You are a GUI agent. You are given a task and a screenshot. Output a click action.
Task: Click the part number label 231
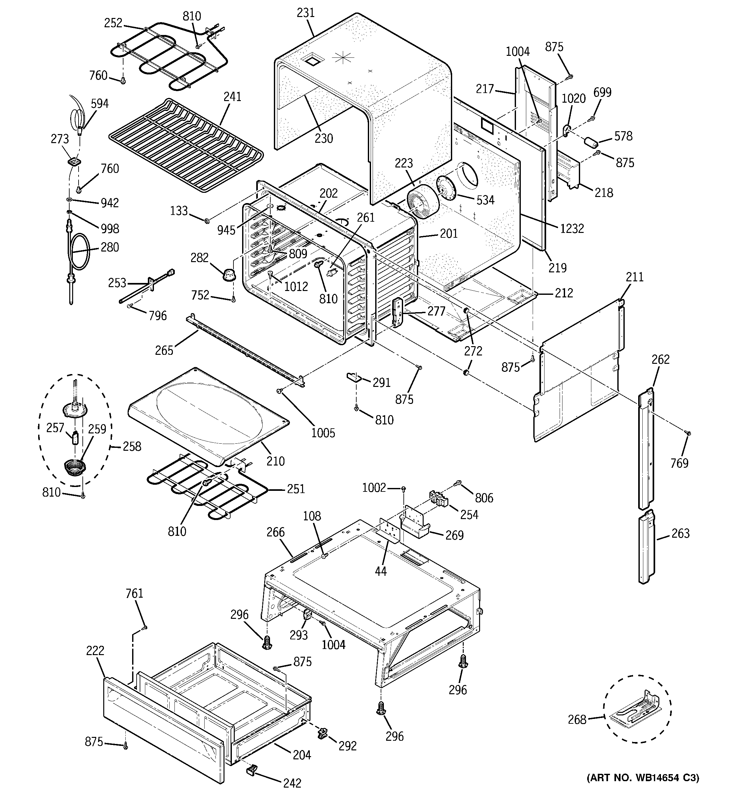(x=306, y=13)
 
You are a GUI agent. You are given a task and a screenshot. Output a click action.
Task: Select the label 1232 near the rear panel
(x=571, y=228)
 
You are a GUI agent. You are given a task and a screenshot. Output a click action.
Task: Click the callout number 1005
(x=323, y=433)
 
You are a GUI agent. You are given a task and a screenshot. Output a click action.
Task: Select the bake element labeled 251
(x=200, y=489)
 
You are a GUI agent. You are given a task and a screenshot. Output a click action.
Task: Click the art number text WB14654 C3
(x=643, y=778)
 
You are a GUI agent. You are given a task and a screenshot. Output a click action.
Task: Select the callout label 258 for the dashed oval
(x=132, y=446)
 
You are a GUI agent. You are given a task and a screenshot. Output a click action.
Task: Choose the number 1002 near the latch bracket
(x=374, y=488)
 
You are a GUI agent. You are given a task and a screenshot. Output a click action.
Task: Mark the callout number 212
(x=563, y=293)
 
